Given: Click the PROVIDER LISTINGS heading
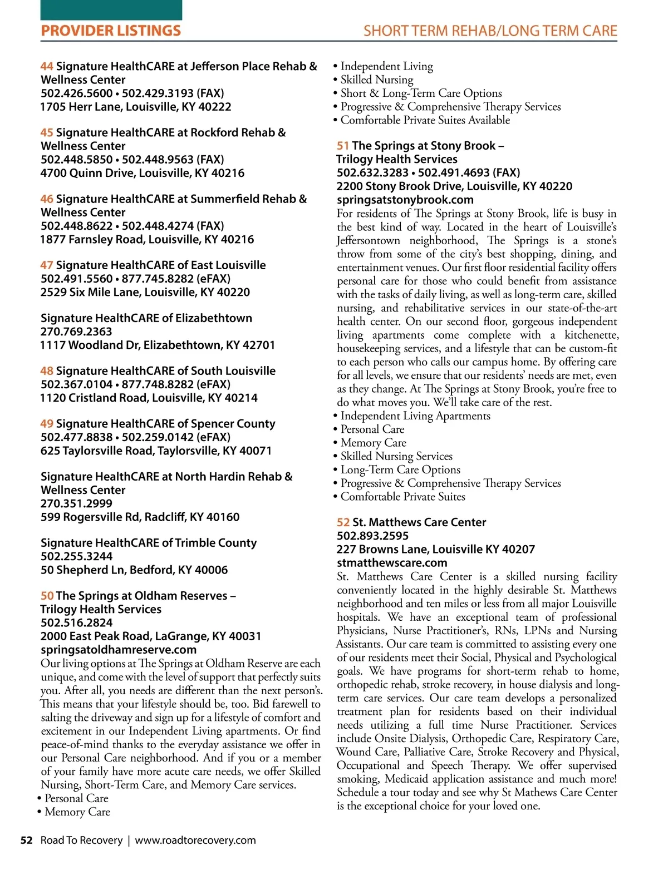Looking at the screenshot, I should point(111,31).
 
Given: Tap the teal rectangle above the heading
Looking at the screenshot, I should point(111,10).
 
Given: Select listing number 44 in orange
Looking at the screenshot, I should point(47,67).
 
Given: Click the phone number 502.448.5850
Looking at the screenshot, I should point(77,160).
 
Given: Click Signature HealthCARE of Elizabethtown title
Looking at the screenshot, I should point(146,318).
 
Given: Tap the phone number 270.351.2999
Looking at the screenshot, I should point(76,503).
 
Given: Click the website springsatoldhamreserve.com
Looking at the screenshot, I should point(119,650).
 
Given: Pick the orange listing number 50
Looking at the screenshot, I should point(47,596).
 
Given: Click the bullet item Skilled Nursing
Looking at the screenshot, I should point(376,80).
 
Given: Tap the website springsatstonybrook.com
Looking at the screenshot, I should point(405,200).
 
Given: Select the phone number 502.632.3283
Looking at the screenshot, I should point(373,173).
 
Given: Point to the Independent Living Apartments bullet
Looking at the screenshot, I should point(415,416).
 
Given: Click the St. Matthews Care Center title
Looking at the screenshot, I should point(419,522).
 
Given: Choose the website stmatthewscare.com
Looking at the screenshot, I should point(392,563).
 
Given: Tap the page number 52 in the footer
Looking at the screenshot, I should point(26,840).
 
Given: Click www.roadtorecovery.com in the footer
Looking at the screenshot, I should point(195,840).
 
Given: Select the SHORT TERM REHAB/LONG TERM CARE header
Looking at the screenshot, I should point(490,31).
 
